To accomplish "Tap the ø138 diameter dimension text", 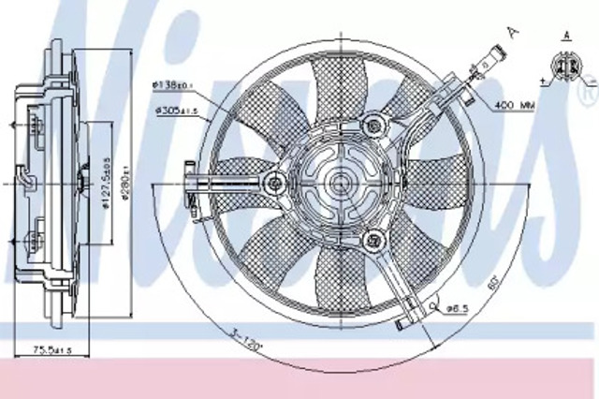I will click(174, 86).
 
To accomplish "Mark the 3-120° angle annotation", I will click(238, 333).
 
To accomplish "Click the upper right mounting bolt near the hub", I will click(375, 122).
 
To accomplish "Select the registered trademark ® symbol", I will click(587, 92).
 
